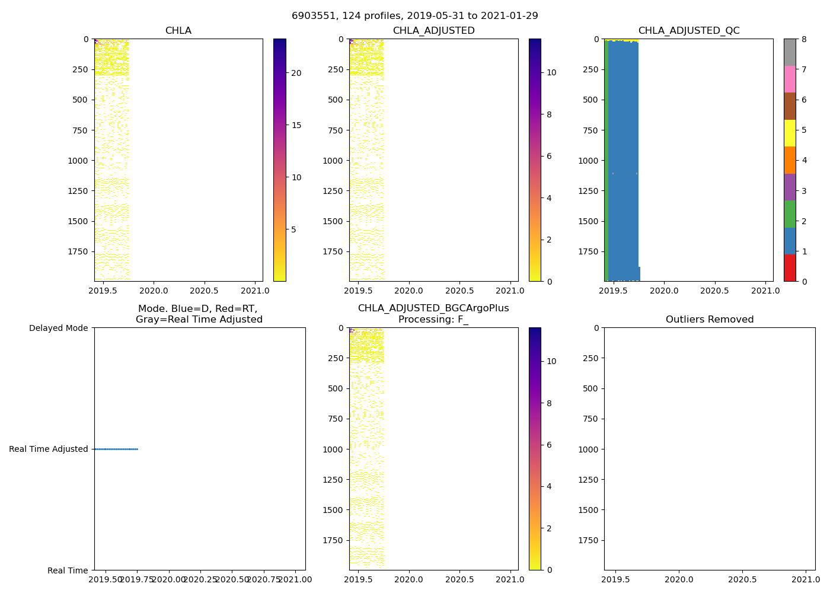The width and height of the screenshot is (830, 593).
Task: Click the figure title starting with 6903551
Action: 414,16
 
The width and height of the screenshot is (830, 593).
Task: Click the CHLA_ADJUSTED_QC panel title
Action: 688,31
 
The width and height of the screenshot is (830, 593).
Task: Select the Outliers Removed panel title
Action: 709,320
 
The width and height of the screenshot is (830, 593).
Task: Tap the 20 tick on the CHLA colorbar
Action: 296,73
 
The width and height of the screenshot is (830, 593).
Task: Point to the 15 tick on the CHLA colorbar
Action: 296,125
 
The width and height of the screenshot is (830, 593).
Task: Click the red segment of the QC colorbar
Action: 789,267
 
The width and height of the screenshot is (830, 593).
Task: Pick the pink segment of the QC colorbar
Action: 789,79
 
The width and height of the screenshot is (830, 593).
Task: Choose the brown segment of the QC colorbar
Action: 789,106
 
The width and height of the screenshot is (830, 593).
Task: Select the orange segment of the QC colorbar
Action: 789,160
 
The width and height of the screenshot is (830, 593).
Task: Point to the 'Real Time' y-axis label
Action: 68,570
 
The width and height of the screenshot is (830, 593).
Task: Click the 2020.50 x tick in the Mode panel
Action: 232,579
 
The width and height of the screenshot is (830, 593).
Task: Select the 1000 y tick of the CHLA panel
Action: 78,161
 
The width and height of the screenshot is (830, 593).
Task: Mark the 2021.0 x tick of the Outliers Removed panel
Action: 806,579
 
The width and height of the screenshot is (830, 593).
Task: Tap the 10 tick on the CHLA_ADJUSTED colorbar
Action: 551,72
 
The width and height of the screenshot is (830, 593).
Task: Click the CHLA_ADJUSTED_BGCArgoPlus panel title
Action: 433,314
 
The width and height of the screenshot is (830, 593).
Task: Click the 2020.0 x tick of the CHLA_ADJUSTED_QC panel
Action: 664,291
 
